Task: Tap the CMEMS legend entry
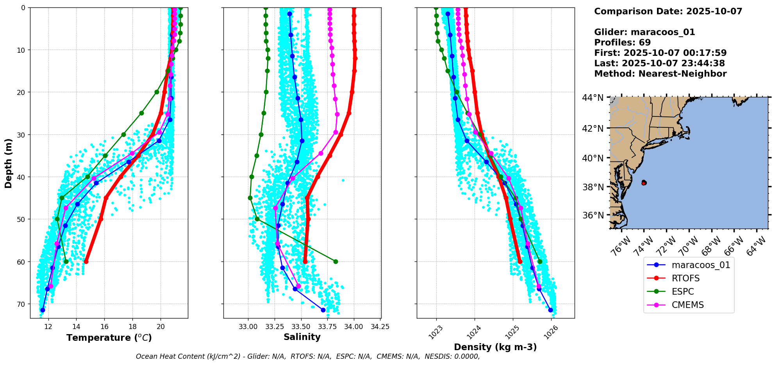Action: click(x=687, y=305)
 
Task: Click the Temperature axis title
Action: click(x=109, y=338)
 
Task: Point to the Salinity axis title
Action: click(x=302, y=337)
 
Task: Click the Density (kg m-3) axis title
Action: click(x=495, y=347)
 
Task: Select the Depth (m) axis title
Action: click(x=9, y=163)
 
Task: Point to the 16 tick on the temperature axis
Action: click(x=104, y=327)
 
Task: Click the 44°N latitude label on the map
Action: click(x=593, y=97)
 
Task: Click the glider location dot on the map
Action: click(x=644, y=183)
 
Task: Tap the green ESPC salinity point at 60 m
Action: click(x=336, y=261)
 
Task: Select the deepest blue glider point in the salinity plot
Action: click(x=323, y=310)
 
